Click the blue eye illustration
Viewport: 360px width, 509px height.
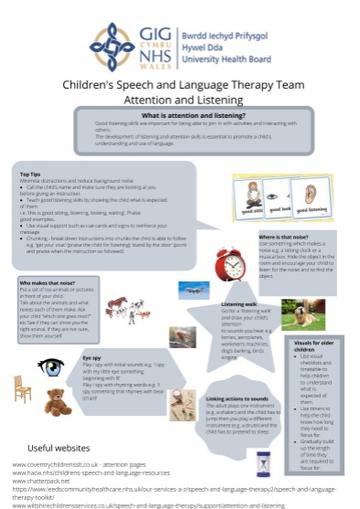[50, 367]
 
